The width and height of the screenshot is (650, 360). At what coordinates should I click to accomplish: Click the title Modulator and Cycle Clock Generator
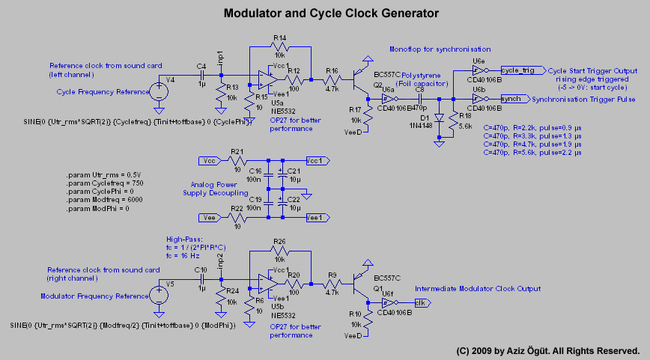(x=331, y=13)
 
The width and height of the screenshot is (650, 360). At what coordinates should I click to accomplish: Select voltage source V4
(x=159, y=92)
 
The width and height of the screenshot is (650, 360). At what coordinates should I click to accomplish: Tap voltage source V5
(x=159, y=296)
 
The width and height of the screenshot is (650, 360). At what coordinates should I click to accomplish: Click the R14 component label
(x=279, y=37)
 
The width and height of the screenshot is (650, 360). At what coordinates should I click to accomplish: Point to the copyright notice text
(x=547, y=350)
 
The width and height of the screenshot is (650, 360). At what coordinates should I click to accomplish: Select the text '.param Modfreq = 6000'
(x=104, y=200)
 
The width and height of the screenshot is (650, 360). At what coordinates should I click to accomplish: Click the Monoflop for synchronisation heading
(x=440, y=49)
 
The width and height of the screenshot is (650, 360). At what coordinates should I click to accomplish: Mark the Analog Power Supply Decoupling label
(x=203, y=187)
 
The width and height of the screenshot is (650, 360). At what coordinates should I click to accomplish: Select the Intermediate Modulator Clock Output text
(x=477, y=289)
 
